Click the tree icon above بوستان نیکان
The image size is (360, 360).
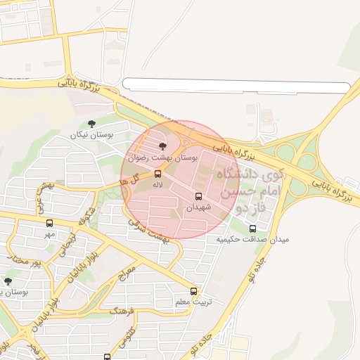pos(92,124)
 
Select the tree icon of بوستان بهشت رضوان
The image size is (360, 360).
pos(163,146)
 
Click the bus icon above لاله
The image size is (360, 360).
pos(157,174)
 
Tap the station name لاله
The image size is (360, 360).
pos(157,184)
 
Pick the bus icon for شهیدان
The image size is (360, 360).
pos(198,197)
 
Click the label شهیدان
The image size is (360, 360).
pos(198,208)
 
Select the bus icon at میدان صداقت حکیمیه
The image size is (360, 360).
pos(253,229)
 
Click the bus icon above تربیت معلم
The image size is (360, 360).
pos(193,291)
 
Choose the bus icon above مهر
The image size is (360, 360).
pos(49,223)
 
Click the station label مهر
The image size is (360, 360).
pos(49,233)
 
